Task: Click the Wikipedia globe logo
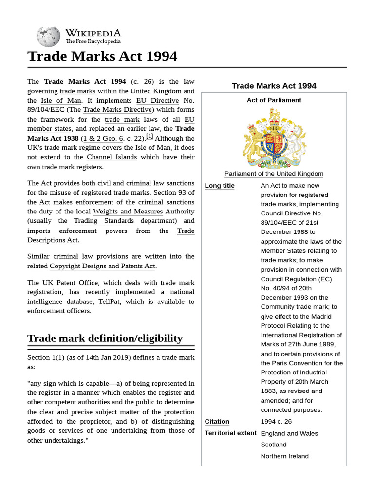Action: click(48, 36)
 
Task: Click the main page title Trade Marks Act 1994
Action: click(102, 56)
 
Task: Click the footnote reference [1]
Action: click(150, 137)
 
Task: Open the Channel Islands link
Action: click(112, 157)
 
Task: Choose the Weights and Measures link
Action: click(128, 212)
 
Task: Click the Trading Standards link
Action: click(104, 221)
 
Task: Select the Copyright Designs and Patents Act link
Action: click(102, 266)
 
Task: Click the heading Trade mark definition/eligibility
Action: click(105, 338)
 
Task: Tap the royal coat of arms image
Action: click(274, 138)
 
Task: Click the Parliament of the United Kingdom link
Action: click(274, 174)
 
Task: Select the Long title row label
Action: click(220, 186)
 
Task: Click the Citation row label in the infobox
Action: click(217, 422)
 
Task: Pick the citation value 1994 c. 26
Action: click(276, 422)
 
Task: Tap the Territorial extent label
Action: click(230, 433)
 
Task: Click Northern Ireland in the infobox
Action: click(284, 456)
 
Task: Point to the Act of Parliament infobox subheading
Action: click(274, 100)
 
